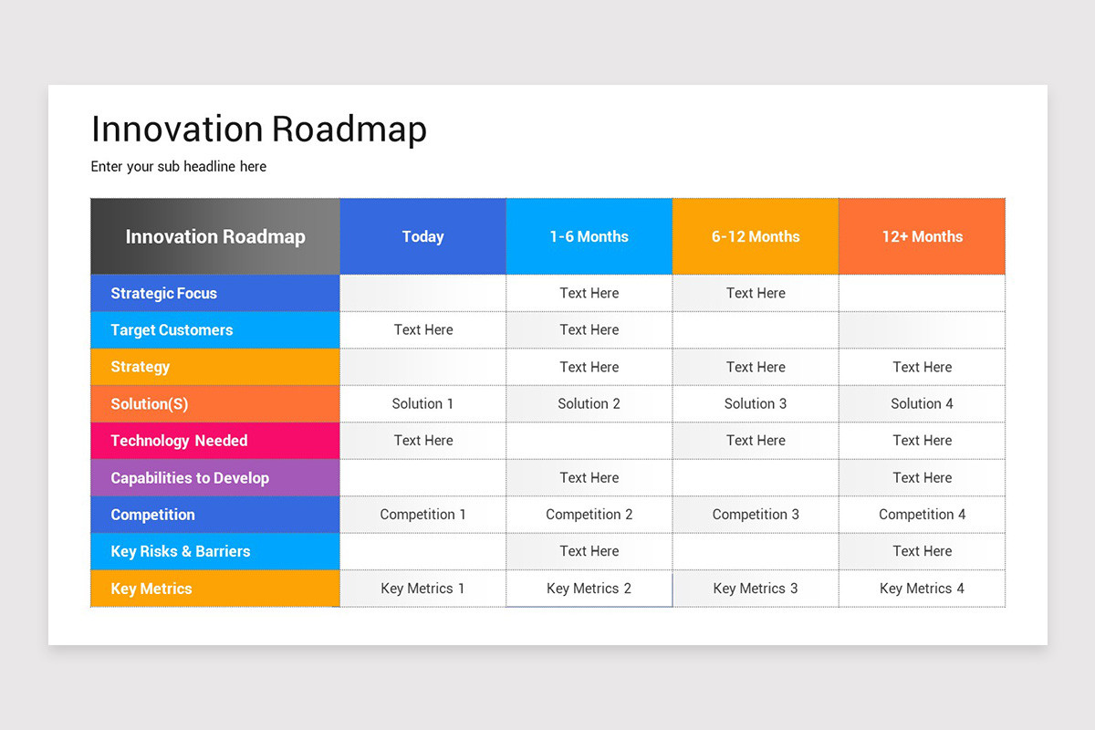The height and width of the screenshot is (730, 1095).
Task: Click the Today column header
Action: click(x=422, y=236)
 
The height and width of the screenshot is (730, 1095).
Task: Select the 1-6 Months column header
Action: click(x=589, y=236)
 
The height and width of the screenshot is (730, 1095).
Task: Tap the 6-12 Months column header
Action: click(x=756, y=236)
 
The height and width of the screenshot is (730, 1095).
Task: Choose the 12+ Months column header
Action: click(x=922, y=236)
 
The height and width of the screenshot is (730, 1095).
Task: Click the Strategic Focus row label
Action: click(x=163, y=293)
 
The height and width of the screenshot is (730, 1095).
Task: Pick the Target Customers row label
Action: click(x=172, y=330)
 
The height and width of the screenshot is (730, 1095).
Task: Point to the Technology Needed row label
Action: click(x=179, y=441)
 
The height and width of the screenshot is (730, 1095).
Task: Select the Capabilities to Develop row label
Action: click(x=190, y=477)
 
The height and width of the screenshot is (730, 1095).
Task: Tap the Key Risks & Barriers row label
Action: click(x=180, y=551)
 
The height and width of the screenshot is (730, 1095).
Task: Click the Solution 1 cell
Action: click(x=422, y=403)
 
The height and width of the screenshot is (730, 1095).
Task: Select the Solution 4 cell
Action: click(x=922, y=403)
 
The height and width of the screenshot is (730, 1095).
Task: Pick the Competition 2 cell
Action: click(x=589, y=515)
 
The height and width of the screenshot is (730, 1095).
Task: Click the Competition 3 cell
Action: click(x=756, y=515)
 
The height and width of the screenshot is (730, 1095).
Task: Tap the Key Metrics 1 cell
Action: click(x=422, y=589)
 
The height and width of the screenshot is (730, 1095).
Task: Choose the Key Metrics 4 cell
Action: click(x=922, y=589)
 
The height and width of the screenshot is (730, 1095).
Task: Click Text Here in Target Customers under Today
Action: click(x=423, y=330)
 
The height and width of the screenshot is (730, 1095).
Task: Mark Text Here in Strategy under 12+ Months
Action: click(x=922, y=367)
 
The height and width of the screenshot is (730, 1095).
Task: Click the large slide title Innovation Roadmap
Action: click(x=259, y=130)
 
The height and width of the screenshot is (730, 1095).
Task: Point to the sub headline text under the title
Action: click(x=179, y=166)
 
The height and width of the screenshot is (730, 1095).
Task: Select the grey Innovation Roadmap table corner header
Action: click(x=215, y=236)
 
